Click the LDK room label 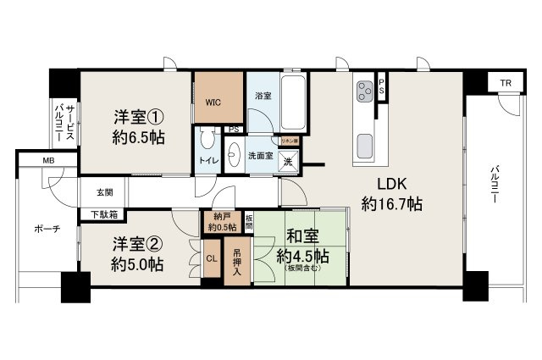[x=391, y=194]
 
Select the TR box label [x=505, y=83]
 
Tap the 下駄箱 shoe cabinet [x=103, y=214]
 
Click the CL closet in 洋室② [x=211, y=258]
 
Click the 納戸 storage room [x=220, y=221]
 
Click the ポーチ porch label [x=47, y=230]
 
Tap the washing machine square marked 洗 [x=288, y=161]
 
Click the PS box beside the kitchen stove [x=383, y=87]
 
